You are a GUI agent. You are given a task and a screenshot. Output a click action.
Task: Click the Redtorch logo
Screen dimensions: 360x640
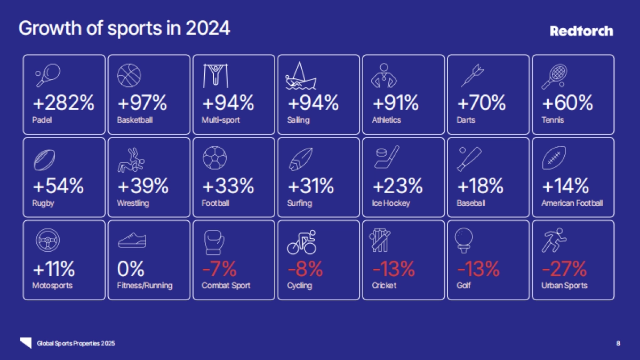(x=581, y=31)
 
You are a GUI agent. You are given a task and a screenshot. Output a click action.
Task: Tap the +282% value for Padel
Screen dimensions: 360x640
(x=63, y=102)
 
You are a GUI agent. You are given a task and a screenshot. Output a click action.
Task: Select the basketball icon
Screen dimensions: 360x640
(x=129, y=76)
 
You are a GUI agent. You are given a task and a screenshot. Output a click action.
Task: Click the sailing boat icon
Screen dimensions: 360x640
(x=301, y=76)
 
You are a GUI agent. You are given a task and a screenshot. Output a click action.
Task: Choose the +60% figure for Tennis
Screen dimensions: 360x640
(x=567, y=102)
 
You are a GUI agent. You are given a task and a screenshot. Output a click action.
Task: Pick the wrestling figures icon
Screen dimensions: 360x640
(x=131, y=159)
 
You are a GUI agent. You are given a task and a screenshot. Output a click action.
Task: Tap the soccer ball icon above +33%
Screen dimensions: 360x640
(x=215, y=158)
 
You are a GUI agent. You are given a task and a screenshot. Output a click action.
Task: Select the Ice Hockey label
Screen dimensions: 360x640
(x=391, y=203)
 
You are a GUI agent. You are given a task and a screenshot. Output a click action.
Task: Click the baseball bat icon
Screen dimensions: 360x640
(x=469, y=158)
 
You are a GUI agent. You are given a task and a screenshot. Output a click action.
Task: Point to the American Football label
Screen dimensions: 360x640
(x=572, y=203)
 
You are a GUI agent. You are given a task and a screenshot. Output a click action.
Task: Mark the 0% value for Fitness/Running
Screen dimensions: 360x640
(x=131, y=269)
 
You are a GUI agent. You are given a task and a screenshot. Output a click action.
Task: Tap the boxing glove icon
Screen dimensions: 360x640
(x=214, y=242)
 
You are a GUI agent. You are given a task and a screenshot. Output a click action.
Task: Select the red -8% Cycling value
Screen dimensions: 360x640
(x=305, y=269)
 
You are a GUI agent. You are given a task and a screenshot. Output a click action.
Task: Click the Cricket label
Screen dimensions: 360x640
(x=384, y=285)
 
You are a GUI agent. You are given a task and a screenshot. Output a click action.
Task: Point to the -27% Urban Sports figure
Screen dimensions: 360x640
(x=564, y=269)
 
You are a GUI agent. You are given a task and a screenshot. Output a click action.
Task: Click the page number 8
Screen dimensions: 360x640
(x=618, y=343)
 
